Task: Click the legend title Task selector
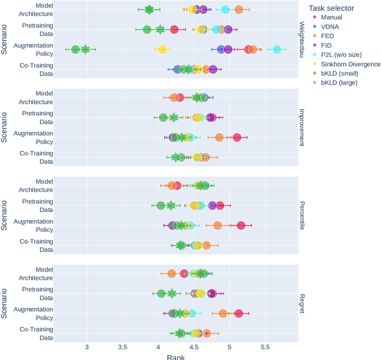[331, 8]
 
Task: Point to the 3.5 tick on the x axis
[123, 348]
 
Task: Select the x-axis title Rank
[175, 356]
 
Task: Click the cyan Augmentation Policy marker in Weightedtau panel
[277, 49]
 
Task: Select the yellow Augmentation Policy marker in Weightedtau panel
[162, 49]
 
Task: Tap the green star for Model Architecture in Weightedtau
[149, 10]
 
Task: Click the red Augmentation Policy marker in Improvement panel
[237, 137]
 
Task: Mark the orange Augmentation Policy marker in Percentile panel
[217, 226]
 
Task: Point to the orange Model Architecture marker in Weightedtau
[239, 10]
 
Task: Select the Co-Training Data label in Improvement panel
[37, 157]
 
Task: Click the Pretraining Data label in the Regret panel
[37, 293]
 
